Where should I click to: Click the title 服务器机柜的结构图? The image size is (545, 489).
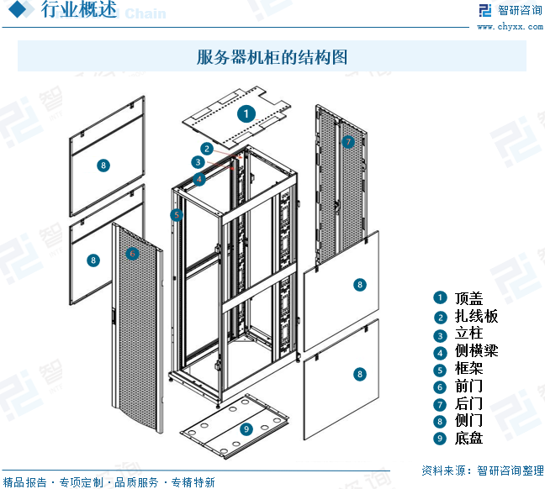pos(272,57)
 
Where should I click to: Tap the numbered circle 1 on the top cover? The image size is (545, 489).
pos(246,113)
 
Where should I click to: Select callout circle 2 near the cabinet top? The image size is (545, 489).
pos(206,149)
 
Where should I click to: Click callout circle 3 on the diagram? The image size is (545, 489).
pos(198,162)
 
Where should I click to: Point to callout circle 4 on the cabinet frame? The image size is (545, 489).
pos(198,179)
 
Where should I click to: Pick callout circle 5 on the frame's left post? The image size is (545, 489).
pos(177,215)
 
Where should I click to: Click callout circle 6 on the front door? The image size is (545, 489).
pos(132,253)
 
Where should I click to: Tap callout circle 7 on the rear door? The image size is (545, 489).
pos(348,142)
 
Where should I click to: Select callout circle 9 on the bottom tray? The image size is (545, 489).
pos(246,429)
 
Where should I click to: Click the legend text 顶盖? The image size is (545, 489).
pos(469,298)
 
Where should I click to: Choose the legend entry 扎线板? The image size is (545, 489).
pos(477,316)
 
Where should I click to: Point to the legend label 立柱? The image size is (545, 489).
pos(469,334)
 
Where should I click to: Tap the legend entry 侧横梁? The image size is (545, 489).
pos(477,351)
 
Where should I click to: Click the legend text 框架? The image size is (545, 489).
pos(469,369)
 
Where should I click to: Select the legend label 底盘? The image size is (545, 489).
pos(469,438)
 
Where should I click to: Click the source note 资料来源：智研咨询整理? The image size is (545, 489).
pos(481,470)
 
